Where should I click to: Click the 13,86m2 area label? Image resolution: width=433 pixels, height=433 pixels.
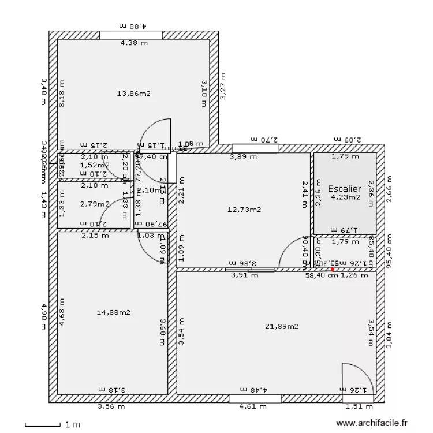133,93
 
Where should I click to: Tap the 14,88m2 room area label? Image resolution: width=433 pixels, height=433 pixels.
113,312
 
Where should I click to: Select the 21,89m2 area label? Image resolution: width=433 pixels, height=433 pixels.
282,326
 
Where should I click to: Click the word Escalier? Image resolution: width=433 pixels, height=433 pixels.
344,189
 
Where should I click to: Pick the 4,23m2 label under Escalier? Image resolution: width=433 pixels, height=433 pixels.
345,197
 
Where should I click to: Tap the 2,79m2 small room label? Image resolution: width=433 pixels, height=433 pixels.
95,203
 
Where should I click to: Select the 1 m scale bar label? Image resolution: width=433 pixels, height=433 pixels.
73,425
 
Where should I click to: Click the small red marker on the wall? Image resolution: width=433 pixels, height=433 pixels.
333,268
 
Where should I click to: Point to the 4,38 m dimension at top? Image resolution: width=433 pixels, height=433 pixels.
133,42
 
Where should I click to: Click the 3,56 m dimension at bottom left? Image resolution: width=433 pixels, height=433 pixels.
108,406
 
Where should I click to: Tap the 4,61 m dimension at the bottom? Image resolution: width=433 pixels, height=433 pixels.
253,406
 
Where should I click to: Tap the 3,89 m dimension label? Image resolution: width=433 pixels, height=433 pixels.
243,156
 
